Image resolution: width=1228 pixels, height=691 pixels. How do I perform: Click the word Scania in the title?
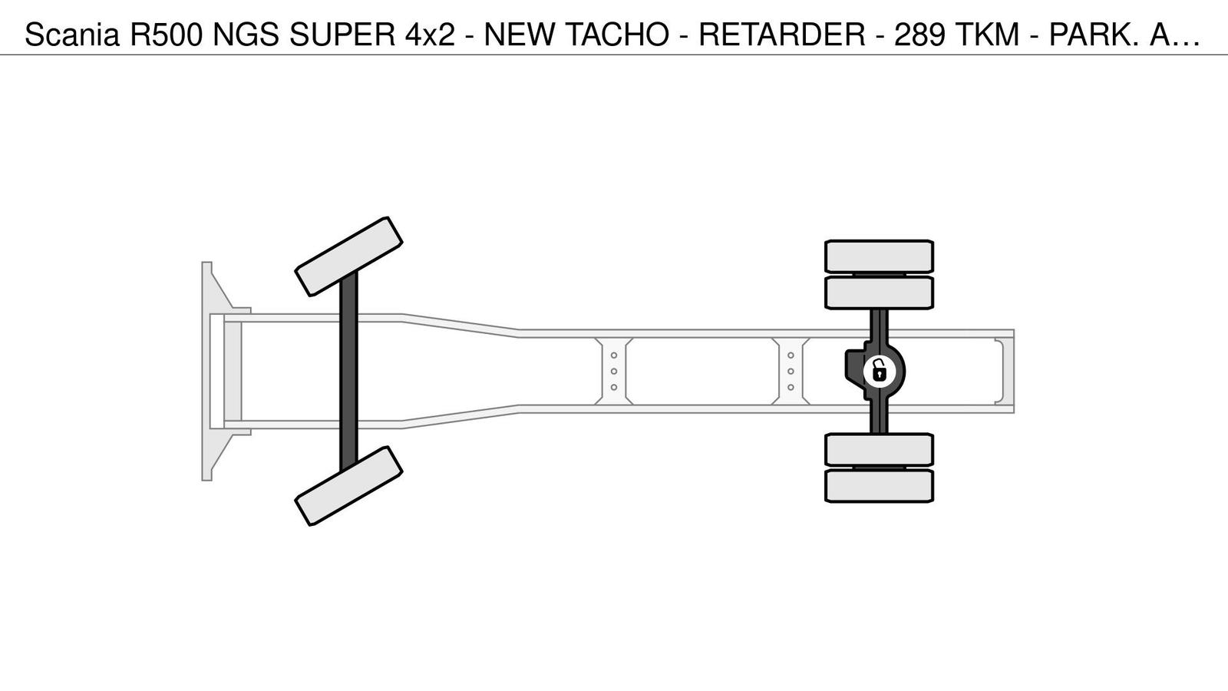(72, 35)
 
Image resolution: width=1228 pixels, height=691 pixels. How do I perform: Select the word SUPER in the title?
(342, 35)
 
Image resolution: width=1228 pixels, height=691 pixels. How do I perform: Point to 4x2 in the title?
(431, 35)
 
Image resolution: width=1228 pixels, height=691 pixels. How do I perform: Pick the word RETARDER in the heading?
(782, 35)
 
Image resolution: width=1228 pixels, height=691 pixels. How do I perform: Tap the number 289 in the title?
(920, 35)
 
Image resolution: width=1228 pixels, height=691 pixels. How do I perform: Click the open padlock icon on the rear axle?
(880, 372)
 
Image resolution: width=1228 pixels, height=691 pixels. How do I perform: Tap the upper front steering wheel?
(348, 256)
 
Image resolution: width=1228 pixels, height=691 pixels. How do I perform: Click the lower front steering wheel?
(348, 486)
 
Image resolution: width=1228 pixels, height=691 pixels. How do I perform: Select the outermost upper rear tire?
(880, 256)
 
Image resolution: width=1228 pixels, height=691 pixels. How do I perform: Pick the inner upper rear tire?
(880, 293)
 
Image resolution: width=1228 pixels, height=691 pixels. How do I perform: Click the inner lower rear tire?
(880, 450)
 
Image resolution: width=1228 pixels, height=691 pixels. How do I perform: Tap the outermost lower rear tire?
(880, 486)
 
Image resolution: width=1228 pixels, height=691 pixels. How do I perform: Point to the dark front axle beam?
(348, 372)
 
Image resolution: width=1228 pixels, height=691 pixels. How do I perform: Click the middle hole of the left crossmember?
(614, 372)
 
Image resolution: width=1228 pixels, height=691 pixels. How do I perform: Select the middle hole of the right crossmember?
(791, 372)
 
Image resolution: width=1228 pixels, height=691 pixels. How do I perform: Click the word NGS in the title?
(246, 35)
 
